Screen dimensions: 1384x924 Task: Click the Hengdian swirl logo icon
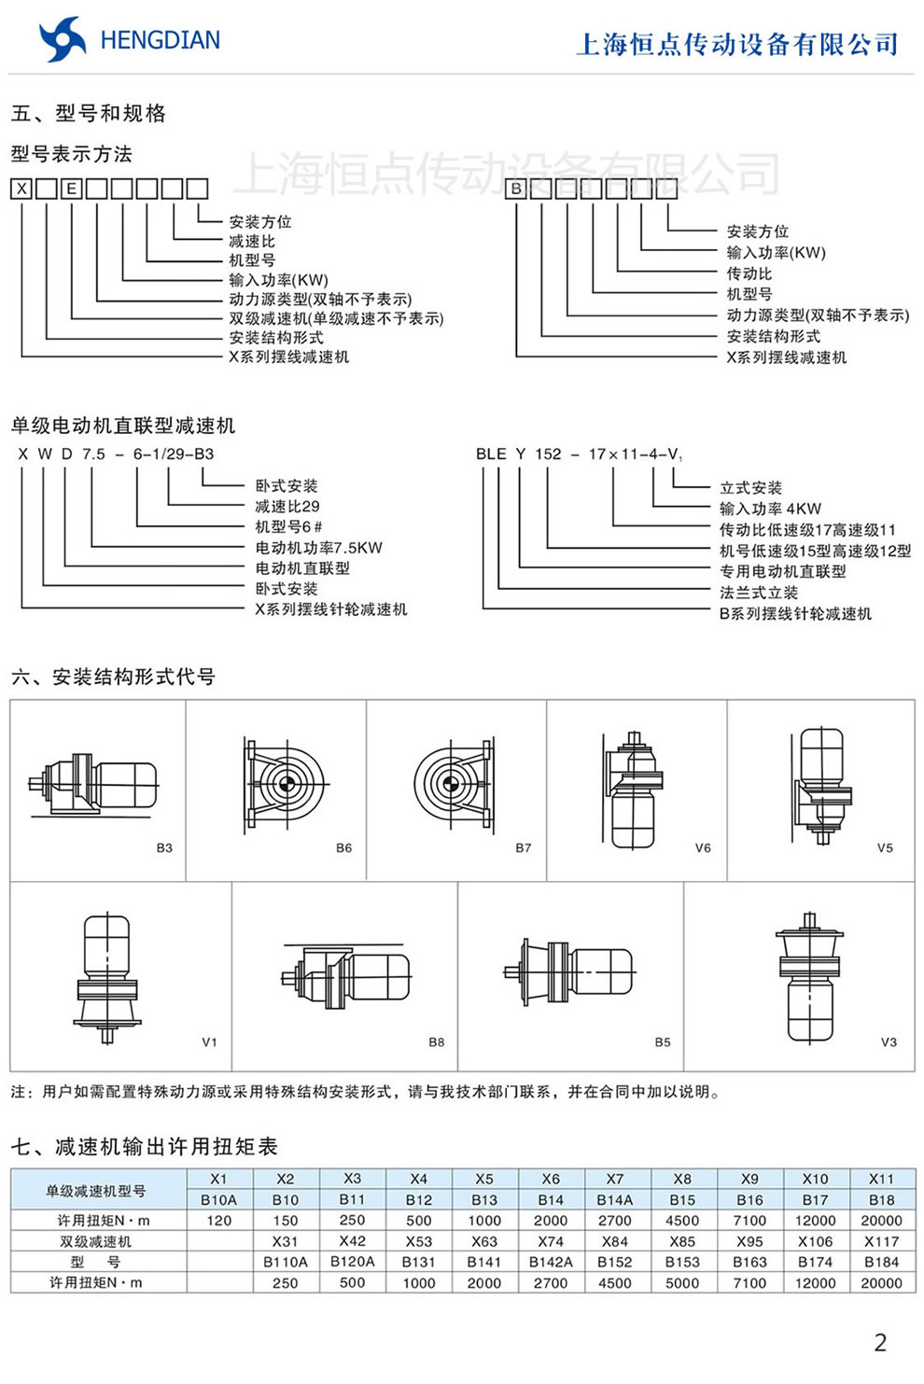[x=62, y=39]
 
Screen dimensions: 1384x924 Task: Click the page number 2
[x=879, y=1342]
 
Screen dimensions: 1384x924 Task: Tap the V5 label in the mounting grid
[x=885, y=847]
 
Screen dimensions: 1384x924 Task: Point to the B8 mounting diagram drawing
[x=345, y=976]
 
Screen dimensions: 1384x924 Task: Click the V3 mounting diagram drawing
[x=807, y=976]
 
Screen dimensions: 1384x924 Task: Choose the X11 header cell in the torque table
[x=881, y=1179]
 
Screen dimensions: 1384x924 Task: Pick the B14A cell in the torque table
[x=615, y=1199]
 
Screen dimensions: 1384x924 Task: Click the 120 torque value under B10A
[x=219, y=1220]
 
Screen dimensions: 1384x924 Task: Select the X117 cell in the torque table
[x=881, y=1241]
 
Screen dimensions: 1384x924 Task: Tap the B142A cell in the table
[x=551, y=1262]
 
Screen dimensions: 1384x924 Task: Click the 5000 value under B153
[x=682, y=1282]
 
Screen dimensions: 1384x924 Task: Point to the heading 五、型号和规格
[x=89, y=114]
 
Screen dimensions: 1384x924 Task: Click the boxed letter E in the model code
[x=71, y=189]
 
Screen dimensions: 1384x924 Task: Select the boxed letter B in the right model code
[x=516, y=189]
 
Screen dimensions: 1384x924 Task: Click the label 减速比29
[x=287, y=506]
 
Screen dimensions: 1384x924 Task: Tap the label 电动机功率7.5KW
[x=318, y=548]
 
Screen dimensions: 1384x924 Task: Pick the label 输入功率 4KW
[x=770, y=509]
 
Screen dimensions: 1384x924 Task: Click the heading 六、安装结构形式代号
[x=113, y=677]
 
